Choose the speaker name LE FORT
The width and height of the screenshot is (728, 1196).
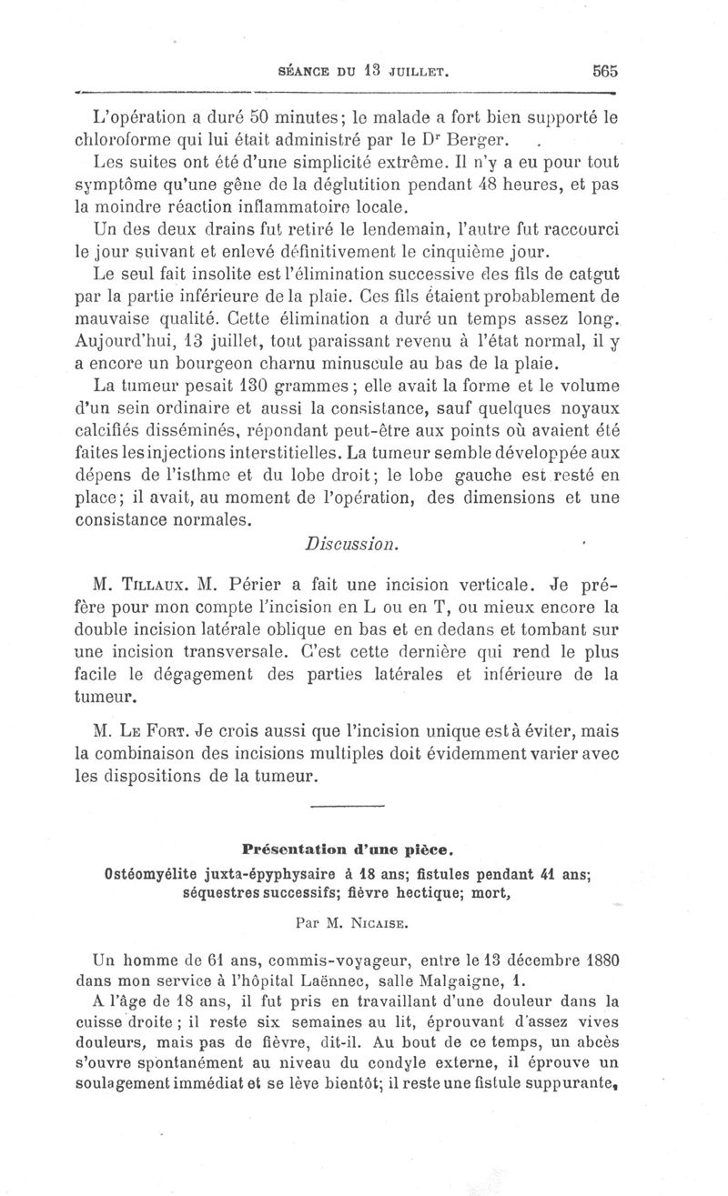[158, 730]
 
